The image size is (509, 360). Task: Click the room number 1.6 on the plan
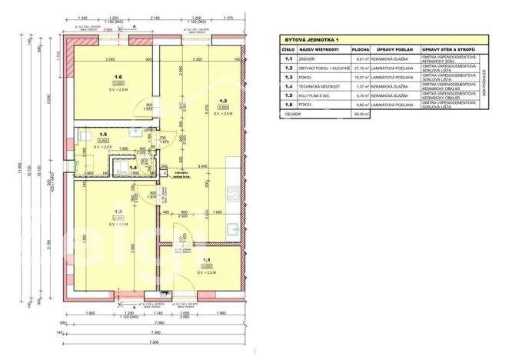(118, 77)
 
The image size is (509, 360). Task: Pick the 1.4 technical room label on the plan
(132, 166)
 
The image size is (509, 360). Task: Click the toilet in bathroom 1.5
(82, 136)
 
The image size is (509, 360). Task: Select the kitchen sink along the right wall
(231, 226)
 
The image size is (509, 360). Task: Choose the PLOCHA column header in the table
(361, 48)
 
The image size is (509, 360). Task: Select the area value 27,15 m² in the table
(361, 68)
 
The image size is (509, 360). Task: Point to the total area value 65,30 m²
(361, 114)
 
